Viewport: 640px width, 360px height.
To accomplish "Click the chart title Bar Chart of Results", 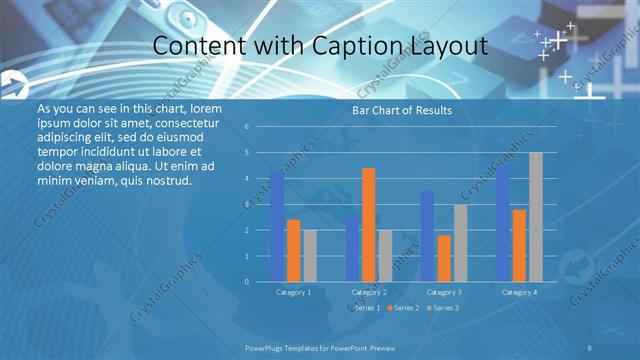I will (401, 110).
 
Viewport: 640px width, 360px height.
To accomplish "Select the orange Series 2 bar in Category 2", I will (369, 225).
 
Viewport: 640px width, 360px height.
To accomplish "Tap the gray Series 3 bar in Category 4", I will (536, 217).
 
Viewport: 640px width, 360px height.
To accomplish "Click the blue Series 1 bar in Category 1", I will (277, 226).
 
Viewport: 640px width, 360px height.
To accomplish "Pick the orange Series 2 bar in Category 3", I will (444, 258).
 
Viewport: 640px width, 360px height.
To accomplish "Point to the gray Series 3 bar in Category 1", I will (310, 256).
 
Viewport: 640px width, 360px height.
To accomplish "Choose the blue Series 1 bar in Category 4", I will (502, 223).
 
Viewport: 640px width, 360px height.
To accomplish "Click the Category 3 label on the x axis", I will (444, 292).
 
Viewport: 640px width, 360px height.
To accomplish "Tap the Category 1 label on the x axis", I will (294, 292).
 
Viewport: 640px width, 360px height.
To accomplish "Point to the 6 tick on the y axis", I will (246, 127).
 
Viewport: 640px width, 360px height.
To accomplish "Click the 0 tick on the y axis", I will (246, 282).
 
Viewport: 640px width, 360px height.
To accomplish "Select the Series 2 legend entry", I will (405, 308).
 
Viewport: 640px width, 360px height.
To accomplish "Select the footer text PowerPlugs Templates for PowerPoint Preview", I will (320, 346).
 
